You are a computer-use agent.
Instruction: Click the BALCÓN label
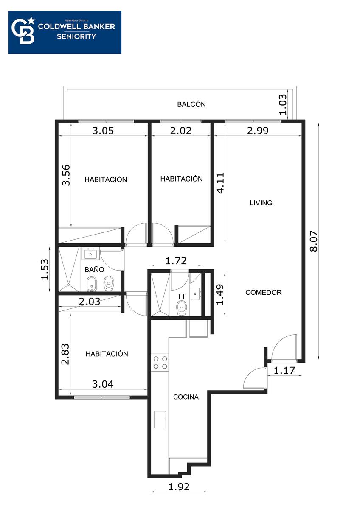pyautogui.click(x=191, y=104)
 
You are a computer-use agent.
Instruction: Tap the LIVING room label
pyautogui.click(x=261, y=203)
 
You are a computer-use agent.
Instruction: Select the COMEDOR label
pyautogui.click(x=263, y=292)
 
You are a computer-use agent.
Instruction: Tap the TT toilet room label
pyautogui.click(x=181, y=296)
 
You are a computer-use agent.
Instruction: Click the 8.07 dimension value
pyautogui.click(x=314, y=241)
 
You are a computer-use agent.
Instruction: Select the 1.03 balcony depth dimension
pyautogui.click(x=282, y=104)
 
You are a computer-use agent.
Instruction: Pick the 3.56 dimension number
pyautogui.click(x=66, y=175)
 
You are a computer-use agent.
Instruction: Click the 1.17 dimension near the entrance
pyautogui.click(x=284, y=371)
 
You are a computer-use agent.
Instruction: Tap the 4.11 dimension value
pyautogui.click(x=220, y=183)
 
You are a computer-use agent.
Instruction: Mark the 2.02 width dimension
pyautogui.click(x=181, y=131)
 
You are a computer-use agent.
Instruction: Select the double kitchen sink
pyautogui.click(x=160, y=420)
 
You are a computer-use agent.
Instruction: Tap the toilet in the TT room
pyautogui.click(x=181, y=308)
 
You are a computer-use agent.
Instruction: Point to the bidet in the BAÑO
pyautogui.click(x=92, y=284)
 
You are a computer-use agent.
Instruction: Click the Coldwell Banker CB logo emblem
pyautogui.click(x=23, y=30)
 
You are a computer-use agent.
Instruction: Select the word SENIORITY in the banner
pyautogui.click(x=76, y=36)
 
